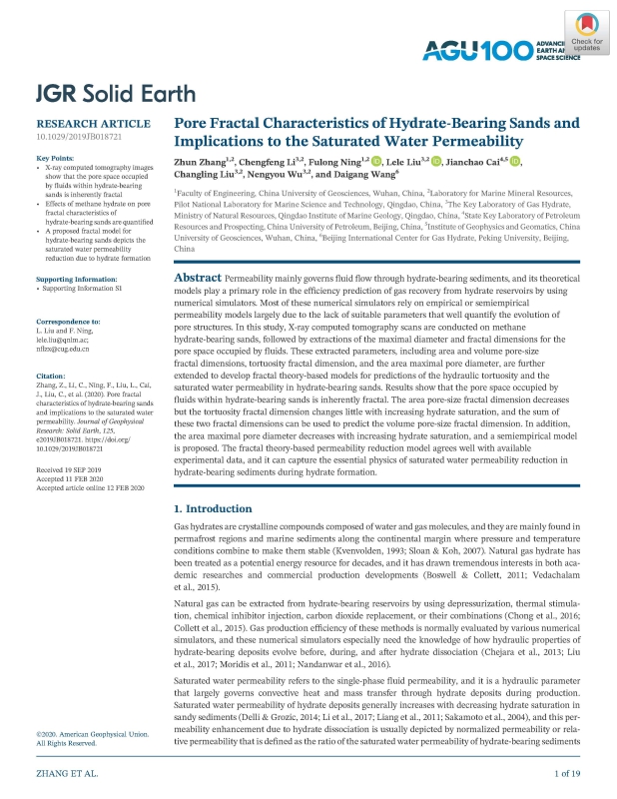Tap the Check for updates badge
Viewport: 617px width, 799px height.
click(x=590, y=36)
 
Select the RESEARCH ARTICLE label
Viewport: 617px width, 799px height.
click(x=94, y=124)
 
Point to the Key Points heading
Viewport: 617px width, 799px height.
click(x=58, y=159)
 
